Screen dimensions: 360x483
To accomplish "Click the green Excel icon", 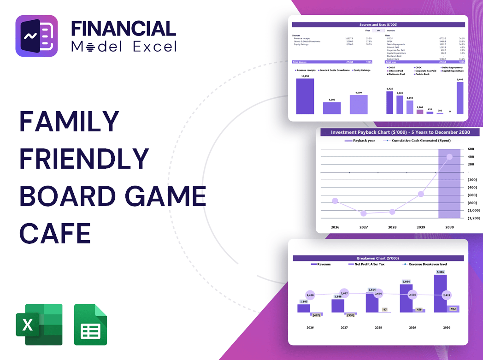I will pos(39,325).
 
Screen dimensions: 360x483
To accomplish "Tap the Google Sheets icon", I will pos(90,325).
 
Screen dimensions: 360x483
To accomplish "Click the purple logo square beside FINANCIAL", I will pos(36,36).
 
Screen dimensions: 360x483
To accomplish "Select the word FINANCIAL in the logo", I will pos(124,29).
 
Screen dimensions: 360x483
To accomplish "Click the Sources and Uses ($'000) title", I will pos(378,24).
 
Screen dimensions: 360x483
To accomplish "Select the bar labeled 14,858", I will pos(305,96).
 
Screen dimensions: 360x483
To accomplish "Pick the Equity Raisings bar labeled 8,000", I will pos(359,104).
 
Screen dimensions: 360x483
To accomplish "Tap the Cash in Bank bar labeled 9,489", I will pos(459,98).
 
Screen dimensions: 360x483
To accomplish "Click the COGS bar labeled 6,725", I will pos(390,102).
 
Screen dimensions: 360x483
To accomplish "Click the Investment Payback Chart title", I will pos(401,132).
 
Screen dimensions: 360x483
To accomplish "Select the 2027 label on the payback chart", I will pos(364,227).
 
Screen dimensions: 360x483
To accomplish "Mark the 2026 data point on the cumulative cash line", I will pos(335,201).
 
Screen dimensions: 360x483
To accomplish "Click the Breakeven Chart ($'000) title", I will pos(378,258).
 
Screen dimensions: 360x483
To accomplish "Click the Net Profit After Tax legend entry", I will pos(370,264).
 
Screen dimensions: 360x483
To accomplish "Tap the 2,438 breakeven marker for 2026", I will pos(310,295).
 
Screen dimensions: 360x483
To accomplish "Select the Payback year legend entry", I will pos(362,140).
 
